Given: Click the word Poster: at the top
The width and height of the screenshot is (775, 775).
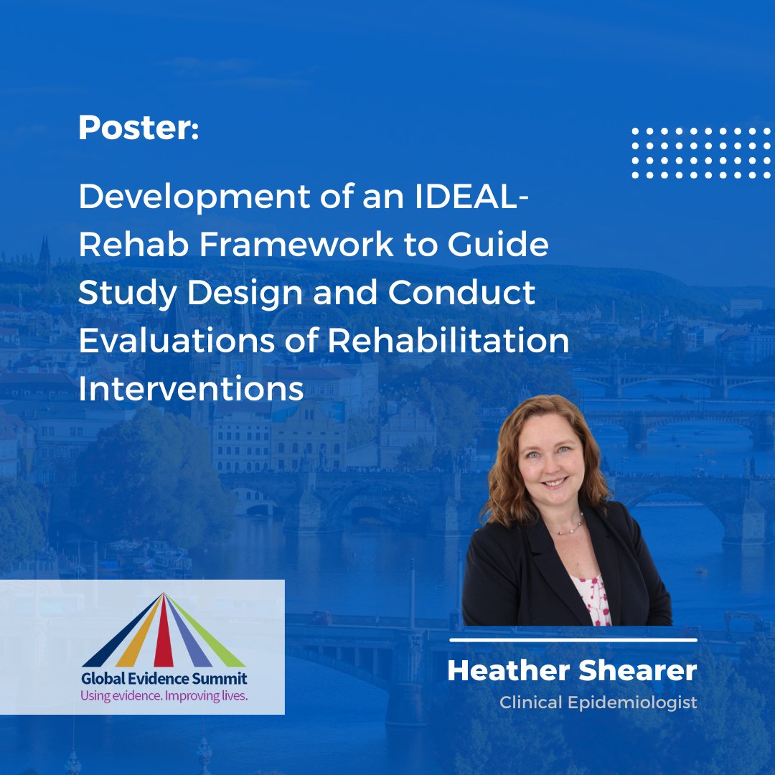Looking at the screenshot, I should point(138,128).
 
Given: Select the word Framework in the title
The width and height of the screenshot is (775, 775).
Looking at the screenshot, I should point(296,245).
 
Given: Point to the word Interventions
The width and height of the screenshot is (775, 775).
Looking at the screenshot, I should point(191,389).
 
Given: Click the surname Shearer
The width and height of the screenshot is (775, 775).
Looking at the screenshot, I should point(637,671).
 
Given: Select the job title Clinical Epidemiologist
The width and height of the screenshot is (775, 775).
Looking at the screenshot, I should point(598,703).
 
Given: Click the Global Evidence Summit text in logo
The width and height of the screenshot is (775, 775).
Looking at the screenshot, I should point(164,679).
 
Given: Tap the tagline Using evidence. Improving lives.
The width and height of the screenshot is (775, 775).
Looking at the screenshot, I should point(164,695).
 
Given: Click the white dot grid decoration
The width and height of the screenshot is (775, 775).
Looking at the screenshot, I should point(701,153).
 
